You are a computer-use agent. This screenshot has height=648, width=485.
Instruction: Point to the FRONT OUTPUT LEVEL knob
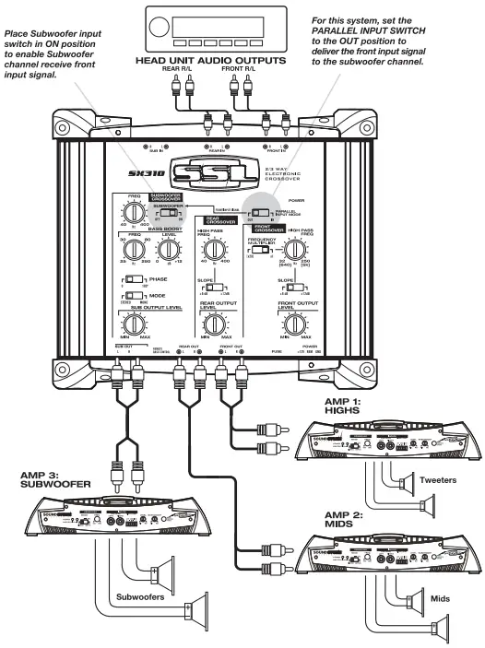pyautogui.click(x=295, y=324)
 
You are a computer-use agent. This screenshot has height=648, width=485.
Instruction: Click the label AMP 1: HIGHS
pyautogui.click(x=349, y=406)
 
